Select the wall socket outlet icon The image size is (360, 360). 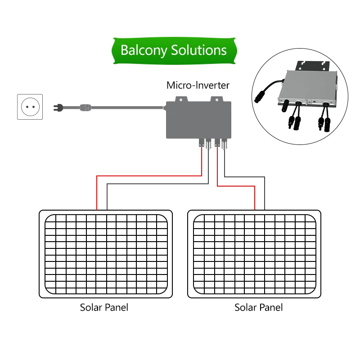coord(30,107)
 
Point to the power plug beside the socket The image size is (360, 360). coord(59,107)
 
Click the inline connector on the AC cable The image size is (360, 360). coord(84,107)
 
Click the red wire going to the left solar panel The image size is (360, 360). coord(148,175)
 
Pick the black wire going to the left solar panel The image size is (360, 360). coord(157,184)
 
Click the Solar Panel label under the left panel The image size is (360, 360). coord(104,308)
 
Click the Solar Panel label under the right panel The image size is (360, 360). coord(259,308)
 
